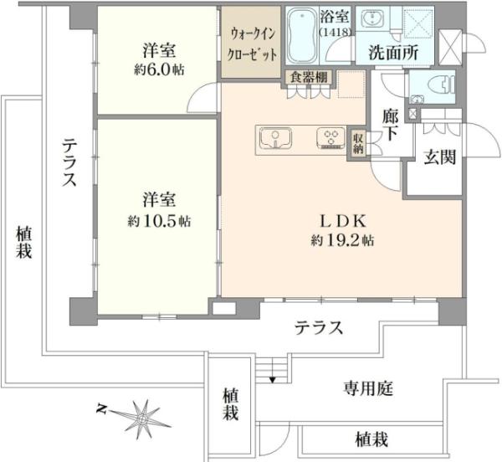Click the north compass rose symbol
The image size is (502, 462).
pyautogui.click(x=143, y=415)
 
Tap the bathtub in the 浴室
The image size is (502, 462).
pyautogui.click(x=303, y=39)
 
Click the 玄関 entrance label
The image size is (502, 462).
pyautogui.click(x=438, y=157)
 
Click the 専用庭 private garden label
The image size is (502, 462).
pyautogui.click(x=368, y=388)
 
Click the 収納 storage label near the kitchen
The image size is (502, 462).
pyautogui.click(x=358, y=144)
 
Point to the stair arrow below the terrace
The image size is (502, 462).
pyautogui.click(x=272, y=378)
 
